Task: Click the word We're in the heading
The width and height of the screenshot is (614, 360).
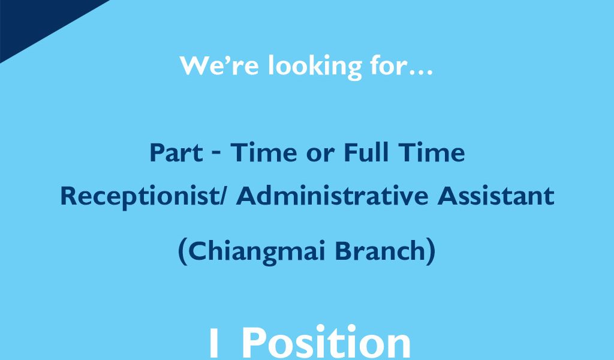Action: point(219,65)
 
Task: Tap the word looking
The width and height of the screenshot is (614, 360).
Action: point(315,66)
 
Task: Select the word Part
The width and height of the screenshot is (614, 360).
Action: point(176,152)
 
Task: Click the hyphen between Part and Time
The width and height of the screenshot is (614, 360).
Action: point(216,154)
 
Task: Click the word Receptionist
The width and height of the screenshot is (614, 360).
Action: point(140,197)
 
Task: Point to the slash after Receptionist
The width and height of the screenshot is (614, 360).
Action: point(223,196)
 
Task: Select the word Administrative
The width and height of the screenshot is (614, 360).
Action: point(332,196)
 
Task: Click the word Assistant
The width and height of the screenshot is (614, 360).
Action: point(496,196)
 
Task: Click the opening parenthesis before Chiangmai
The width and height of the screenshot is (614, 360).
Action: point(182,252)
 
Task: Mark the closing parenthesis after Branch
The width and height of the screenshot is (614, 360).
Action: point(431,252)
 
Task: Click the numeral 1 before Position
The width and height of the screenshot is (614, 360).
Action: point(214,343)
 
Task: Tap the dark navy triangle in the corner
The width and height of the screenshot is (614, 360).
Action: point(35,20)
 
